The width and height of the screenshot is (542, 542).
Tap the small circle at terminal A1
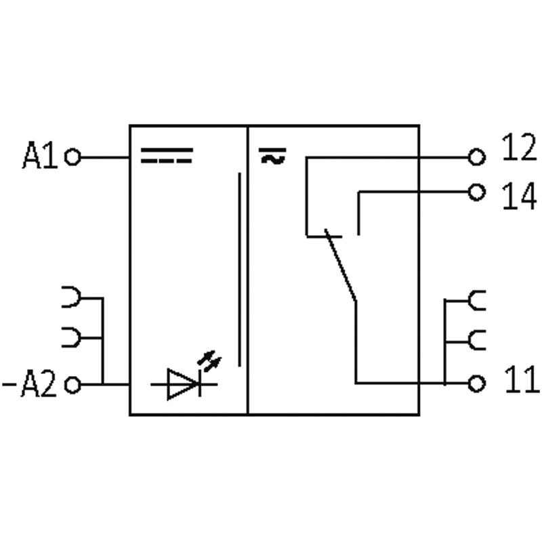pyautogui.click(x=72, y=157)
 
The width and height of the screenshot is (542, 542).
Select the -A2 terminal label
pyautogui.click(x=30, y=385)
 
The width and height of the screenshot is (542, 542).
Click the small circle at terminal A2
pyautogui.click(x=72, y=385)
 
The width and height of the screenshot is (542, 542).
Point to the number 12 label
pyautogui.click(x=519, y=148)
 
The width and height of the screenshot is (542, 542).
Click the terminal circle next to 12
pyautogui.click(x=478, y=158)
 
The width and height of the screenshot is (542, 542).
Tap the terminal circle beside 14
pyautogui.click(x=478, y=192)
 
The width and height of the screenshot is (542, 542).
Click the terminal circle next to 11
pyautogui.click(x=478, y=383)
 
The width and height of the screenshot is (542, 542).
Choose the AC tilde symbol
pyautogui.click(x=272, y=157)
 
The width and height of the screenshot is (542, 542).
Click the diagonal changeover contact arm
pyautogui.click(x=341, y=266)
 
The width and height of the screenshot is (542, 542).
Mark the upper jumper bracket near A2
pyautogui.click(x=72, y=297)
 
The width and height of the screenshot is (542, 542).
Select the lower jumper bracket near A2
pyautogui.click(x=72, y=337)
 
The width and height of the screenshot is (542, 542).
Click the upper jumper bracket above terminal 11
pyautogui.click(x=477, y=300)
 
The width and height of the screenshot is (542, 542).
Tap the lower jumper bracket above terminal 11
pyautogui.click(x=477, y=339)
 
